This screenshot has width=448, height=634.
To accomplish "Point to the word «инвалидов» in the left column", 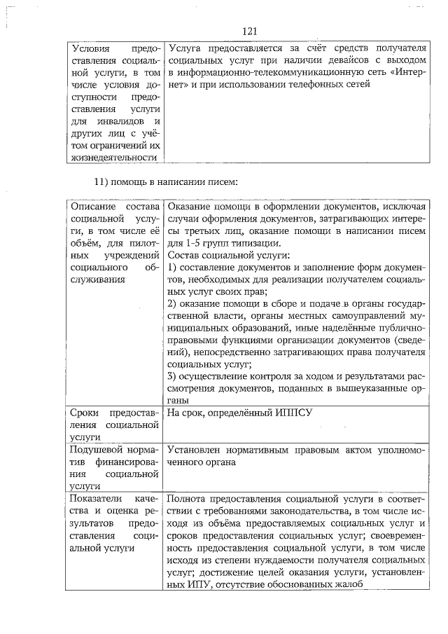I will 123,122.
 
